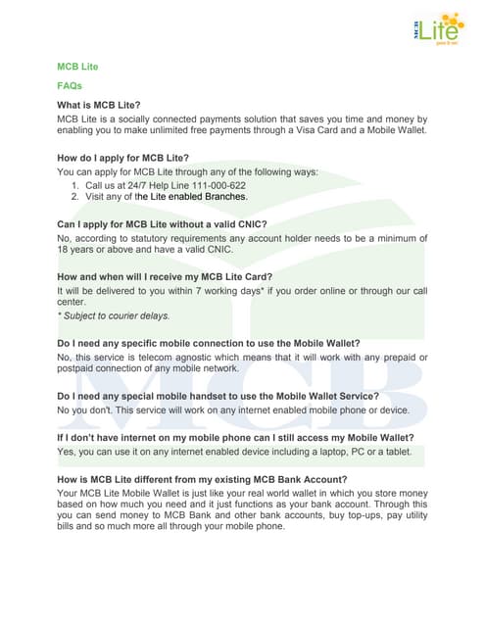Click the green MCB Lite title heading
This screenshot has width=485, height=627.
point(77,67)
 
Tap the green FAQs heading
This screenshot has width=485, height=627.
point(70,86)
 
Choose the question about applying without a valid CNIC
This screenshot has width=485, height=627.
point(163,224)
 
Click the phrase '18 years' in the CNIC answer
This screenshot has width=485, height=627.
point(77,250)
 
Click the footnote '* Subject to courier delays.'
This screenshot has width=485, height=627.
point(114,315)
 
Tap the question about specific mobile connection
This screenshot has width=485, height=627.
point(209,343)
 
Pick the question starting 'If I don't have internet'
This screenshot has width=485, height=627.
point(235,437)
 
